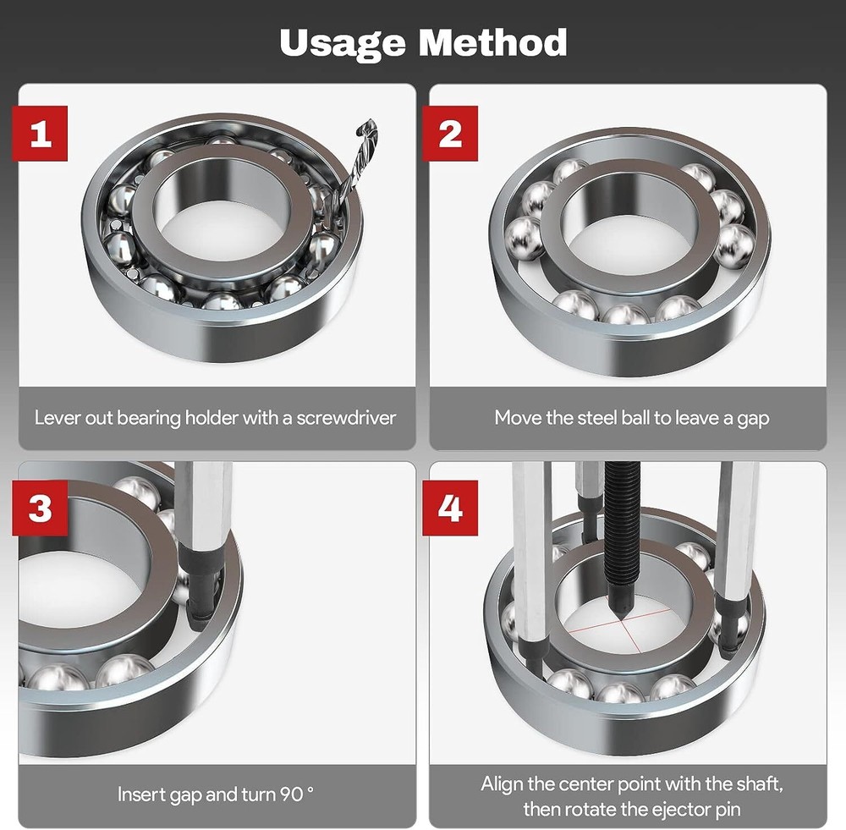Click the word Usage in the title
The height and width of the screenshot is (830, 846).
[x=343, y=41]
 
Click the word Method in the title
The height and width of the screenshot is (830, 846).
[x=492, y=41]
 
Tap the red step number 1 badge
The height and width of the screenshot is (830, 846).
[x=40, y=135]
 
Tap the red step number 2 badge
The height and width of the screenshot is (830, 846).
[x=450, y=135]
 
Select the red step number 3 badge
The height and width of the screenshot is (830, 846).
[x=40, y=508]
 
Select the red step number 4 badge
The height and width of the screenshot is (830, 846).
[x=450, y=508]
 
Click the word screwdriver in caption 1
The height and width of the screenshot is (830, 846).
[x=345, y=418]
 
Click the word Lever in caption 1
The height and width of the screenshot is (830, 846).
[x=55, y=418]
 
